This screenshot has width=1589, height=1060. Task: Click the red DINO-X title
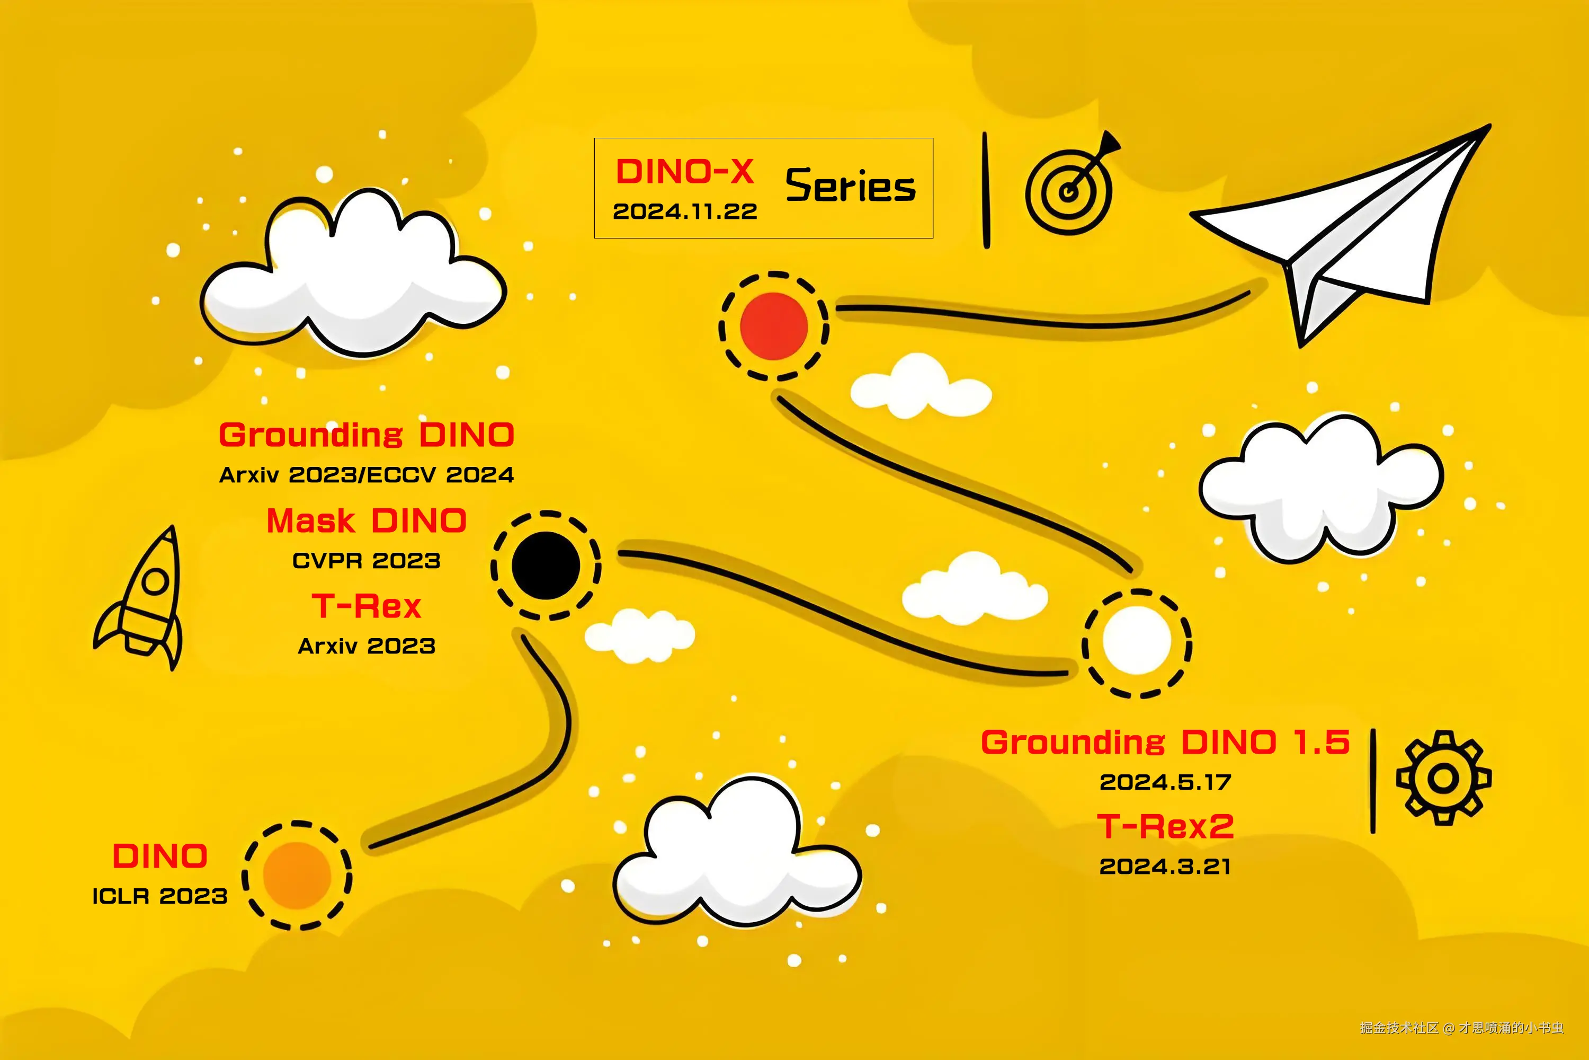pos(684,172)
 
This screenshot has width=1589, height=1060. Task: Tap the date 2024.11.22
pos(684,211)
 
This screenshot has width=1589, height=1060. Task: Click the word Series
pos(850,186)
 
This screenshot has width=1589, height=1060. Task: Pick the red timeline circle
pos(773,326)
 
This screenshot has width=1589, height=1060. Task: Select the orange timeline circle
pos(297,876)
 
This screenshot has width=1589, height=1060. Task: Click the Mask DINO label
pos(366,521)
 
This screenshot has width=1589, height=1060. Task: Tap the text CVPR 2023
pos(366,560)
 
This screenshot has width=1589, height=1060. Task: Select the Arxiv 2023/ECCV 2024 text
pos(366,474)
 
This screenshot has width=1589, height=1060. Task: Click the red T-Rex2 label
pos(1165,826)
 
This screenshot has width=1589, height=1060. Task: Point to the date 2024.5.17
pos(1165,782)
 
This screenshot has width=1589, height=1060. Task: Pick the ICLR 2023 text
pos(159,896)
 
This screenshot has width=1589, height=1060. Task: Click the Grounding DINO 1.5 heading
pos(1165,743)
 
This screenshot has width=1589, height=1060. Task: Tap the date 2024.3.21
pos(1165,866)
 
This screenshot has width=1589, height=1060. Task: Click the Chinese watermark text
pos(1462,1028)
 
